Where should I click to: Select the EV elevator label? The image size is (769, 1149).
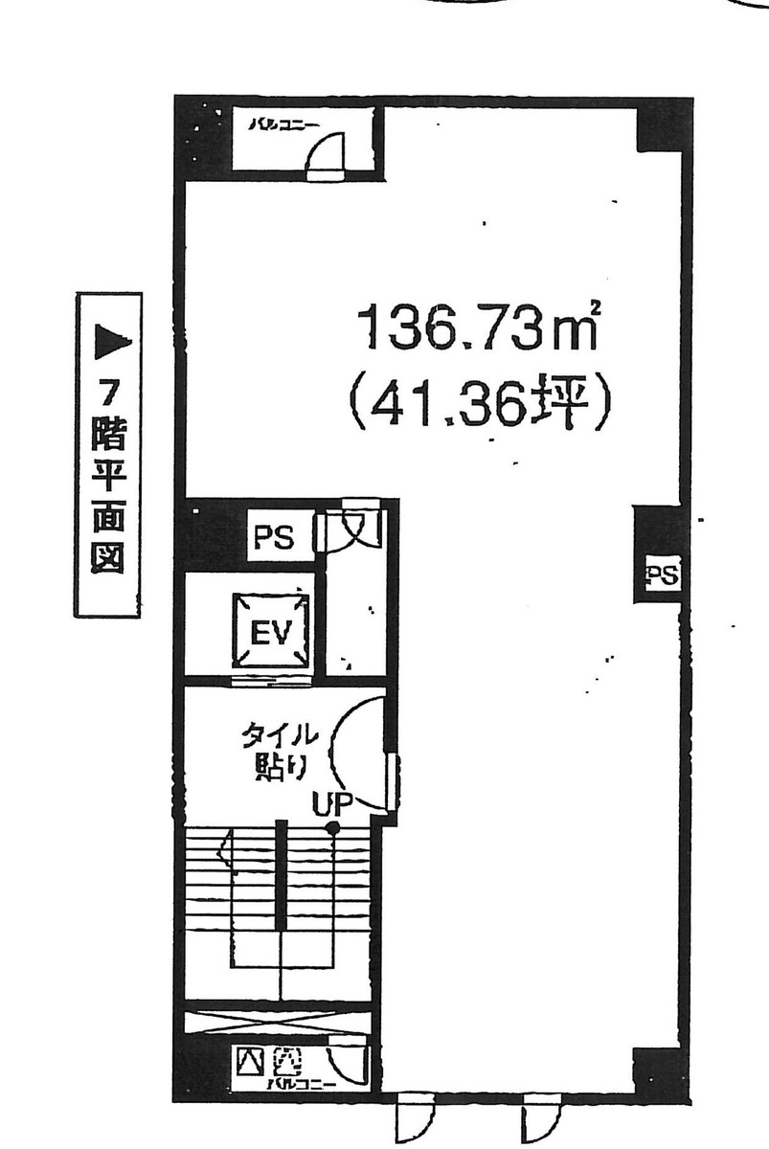click(273, 633)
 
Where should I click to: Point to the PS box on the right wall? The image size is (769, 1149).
click(661, 575)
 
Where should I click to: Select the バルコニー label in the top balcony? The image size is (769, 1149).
click(279, 124)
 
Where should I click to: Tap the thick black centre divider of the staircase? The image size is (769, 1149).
click(281, 873)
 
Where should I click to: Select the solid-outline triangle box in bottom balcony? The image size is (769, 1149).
click(252, 1061)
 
